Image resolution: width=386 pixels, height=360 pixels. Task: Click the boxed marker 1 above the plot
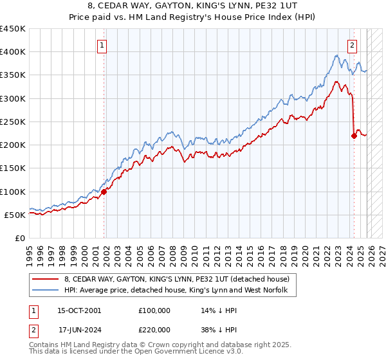tap(103, 45)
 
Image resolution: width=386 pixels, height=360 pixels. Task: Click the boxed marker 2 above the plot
tap(353, 45)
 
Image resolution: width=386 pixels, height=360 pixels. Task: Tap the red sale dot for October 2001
tap(104, 192)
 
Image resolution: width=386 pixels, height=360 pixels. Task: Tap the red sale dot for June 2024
tap(354, 136)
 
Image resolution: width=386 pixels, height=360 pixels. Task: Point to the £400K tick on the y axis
tap(13, 52)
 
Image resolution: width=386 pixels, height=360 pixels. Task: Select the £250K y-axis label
tap(13, 122)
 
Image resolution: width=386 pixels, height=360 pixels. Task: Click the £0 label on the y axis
tap(20, 238)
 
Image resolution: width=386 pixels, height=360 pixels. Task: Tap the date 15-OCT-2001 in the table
tap(79, 310)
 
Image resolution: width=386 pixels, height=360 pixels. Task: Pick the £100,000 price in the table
tap(154, 310)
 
